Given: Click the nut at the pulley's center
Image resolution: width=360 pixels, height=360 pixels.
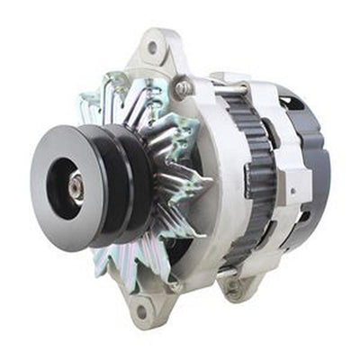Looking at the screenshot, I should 76,186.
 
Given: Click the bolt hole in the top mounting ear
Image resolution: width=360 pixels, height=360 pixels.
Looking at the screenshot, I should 151,47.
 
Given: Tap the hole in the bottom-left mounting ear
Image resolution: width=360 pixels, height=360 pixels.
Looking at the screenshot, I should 142,311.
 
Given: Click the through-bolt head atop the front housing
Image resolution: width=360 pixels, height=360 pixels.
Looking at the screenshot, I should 184,88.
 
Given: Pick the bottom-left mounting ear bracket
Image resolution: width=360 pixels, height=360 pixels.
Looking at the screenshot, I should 141,301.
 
